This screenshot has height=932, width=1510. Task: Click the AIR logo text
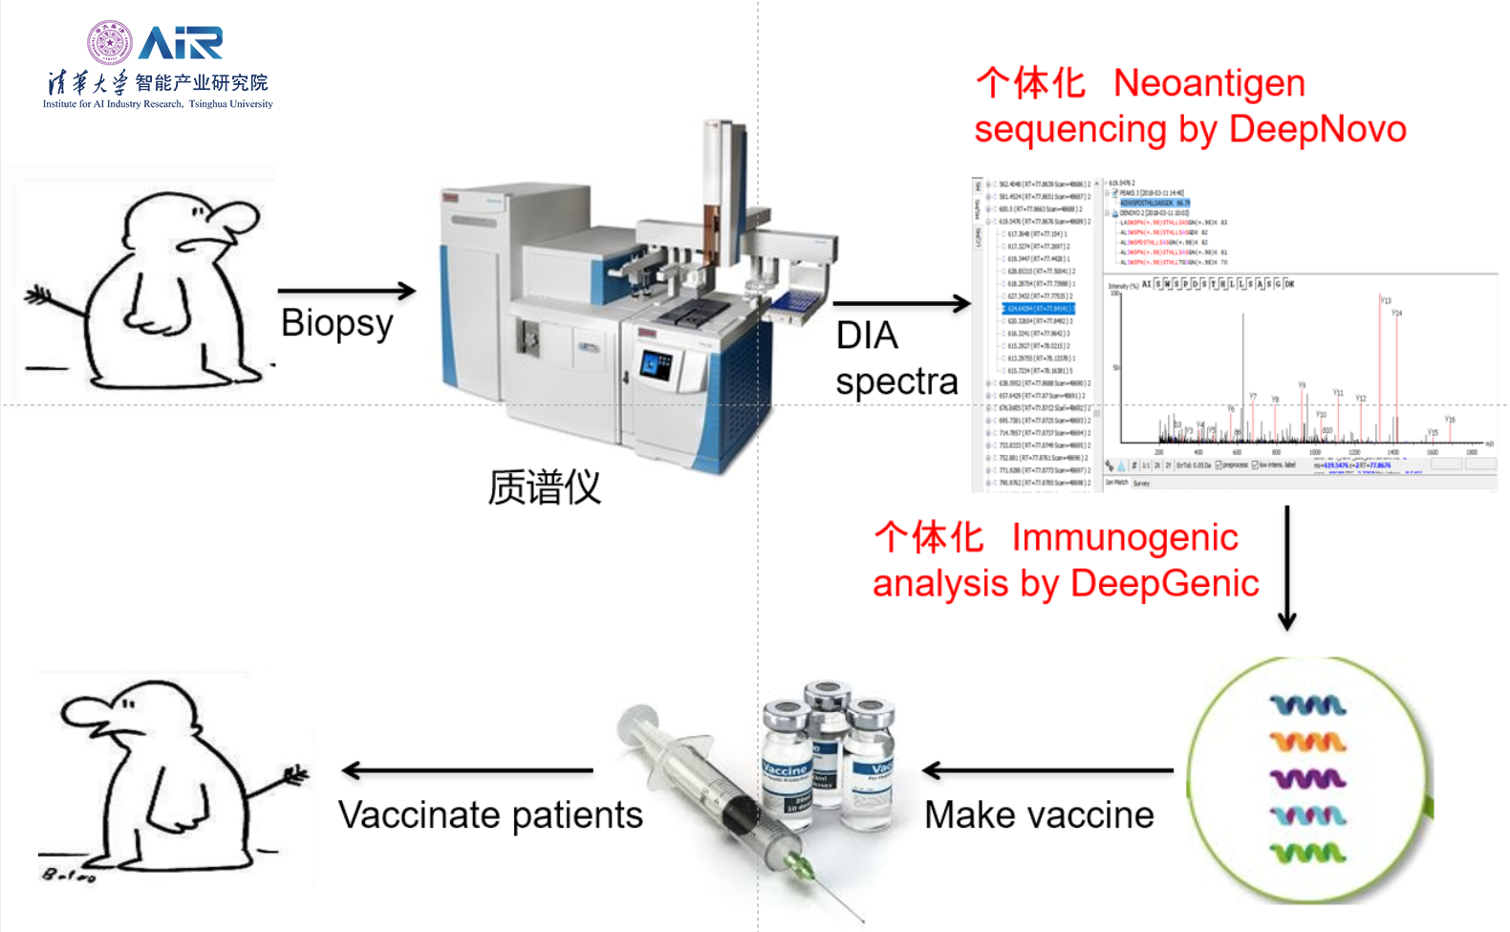[181, 43]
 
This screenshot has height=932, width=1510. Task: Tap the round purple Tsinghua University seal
[110, 43]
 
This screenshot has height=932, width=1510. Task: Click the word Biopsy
[336, 324]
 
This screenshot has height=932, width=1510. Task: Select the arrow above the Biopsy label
[346, 290]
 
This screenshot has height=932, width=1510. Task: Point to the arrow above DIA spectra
[901, 304]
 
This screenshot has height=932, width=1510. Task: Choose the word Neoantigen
[1209, 83]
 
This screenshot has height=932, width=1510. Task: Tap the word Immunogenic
[1125, 537]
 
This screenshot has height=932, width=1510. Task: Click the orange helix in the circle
[1307, 742]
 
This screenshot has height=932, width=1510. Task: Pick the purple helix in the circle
[1307, 779]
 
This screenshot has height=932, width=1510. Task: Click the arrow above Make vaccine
[1047, 770]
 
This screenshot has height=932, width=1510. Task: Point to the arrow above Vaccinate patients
[467, 770]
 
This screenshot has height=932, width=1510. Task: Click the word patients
[577, 815]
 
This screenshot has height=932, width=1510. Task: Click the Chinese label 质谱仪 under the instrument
[544, 488]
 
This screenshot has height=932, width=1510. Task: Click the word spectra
[896, 381]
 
